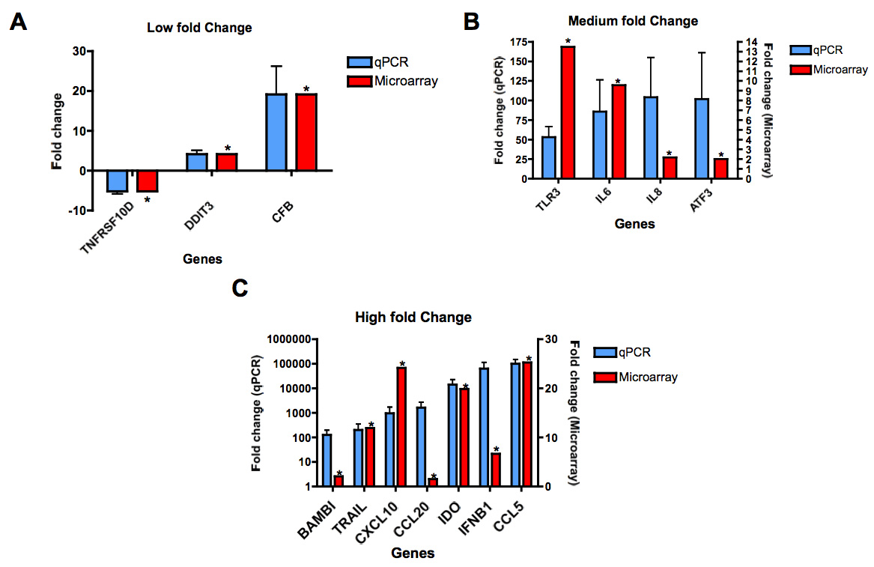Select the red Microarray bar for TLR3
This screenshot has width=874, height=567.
[568, 112]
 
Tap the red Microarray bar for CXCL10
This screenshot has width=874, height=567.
[401, 427]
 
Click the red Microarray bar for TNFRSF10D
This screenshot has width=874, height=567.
[147, 181]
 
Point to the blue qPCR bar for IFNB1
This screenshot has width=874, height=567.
[485, 427]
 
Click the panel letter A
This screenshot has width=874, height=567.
[19, 23]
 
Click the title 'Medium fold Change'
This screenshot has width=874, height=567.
[633, 21]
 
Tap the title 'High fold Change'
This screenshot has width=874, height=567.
[413, 317]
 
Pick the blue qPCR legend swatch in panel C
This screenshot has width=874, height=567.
[604, 353]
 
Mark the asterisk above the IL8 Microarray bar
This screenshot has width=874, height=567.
[669, 152]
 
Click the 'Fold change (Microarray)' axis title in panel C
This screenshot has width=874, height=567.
[575, 412]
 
